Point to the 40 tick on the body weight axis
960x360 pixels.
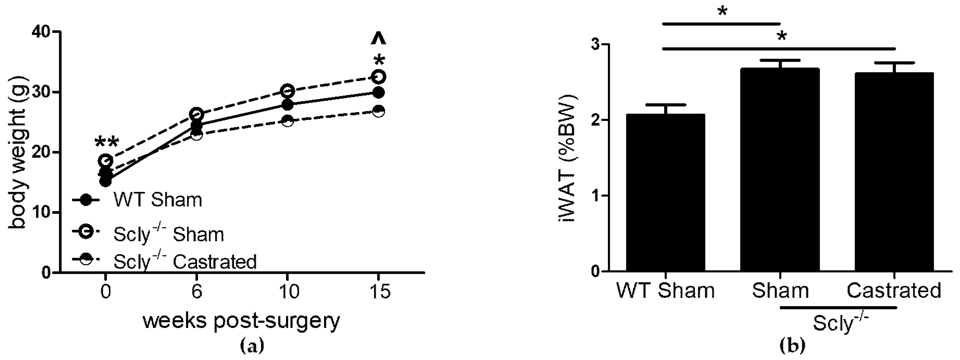point(41,32)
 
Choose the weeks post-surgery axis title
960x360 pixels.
point(241,321)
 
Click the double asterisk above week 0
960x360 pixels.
point(107,143)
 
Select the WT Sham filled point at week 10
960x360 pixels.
point(287,105)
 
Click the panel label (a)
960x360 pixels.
point(252,346)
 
